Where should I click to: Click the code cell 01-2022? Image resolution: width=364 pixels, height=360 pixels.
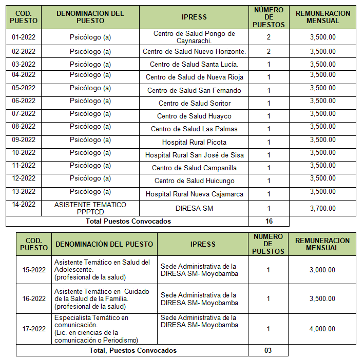point(23,37)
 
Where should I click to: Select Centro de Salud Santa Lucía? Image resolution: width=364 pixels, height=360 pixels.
point(194,65)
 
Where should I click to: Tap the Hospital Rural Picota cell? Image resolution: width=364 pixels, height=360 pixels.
point(194,142)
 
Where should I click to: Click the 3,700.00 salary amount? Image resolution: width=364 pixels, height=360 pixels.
point(323,208)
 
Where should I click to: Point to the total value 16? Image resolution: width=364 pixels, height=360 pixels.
point(269,221)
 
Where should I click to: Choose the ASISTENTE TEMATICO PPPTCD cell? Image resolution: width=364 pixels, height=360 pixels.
point(90,208)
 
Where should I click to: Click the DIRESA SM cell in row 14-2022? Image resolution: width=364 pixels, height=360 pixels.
point(194,208)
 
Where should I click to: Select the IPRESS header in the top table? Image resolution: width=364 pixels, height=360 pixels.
point(194,17)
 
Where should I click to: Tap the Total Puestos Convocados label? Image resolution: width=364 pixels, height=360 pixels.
point(129,221)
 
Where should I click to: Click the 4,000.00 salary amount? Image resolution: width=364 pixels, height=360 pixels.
point(322,329)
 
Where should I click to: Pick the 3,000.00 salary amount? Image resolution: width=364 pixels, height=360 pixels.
point(322,270)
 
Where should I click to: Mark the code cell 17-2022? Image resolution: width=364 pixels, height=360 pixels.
point(34,329)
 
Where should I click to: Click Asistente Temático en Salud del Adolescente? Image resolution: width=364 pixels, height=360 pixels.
point(103,270)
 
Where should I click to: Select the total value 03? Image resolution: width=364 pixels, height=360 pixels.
point(268,350)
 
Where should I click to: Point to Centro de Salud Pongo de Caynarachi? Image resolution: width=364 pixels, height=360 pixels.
point(194,37)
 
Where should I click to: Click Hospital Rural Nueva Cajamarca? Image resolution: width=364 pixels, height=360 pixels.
point(194,194)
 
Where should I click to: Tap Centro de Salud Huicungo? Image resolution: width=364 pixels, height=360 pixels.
point(194,181)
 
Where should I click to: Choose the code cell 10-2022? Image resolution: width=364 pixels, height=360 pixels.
point(23,153)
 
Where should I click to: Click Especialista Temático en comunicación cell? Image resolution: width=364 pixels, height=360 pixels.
point(103,329)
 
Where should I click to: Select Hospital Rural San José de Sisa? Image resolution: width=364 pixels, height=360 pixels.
point(194,155)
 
